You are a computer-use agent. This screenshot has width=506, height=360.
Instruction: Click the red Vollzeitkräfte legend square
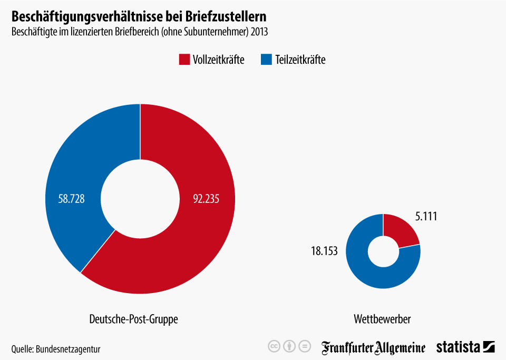click(x=184, y=60)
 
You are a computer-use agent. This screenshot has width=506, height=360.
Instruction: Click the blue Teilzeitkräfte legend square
click(x=266, y=60)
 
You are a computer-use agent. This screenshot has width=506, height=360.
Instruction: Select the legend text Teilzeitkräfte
click(x=300, y=60)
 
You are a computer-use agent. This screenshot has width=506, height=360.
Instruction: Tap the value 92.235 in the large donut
click(x=207, y=199)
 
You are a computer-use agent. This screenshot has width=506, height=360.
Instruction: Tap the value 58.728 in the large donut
click(x=72, y=199)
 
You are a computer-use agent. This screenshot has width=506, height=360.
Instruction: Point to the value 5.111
click(x=426, y=217)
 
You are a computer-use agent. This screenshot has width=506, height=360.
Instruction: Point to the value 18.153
click(x=324, y=251)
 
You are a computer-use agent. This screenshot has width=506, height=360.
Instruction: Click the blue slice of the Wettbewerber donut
click(x=369, y=271)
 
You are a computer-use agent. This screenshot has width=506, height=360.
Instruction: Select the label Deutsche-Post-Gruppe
click(x=133, y=319)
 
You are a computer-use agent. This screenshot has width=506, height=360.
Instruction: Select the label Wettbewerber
click(x=382, y=319)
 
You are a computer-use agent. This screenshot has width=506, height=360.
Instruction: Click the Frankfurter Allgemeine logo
click(x=374, y=347)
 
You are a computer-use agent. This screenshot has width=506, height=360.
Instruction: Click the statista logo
click(x=465, y=347)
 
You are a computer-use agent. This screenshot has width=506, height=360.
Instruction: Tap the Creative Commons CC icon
click(x=274, y=347)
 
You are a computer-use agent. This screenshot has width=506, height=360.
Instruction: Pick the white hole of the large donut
click(x=140, y=199)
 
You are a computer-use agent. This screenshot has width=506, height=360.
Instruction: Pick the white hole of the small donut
click(x=383, y=251)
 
